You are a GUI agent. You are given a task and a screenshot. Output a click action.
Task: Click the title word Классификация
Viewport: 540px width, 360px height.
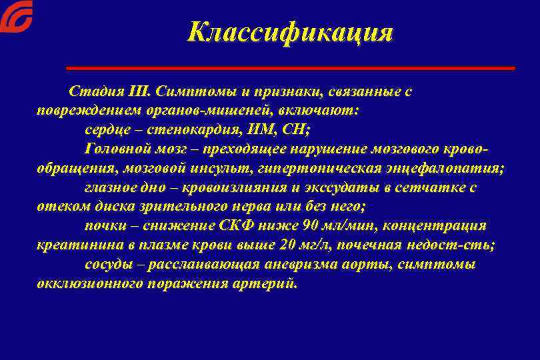tap(290, 32)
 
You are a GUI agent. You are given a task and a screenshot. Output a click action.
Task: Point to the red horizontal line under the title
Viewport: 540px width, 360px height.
tap(291, 68)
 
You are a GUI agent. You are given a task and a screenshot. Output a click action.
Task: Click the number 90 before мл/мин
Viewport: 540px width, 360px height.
tap(309, 226)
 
